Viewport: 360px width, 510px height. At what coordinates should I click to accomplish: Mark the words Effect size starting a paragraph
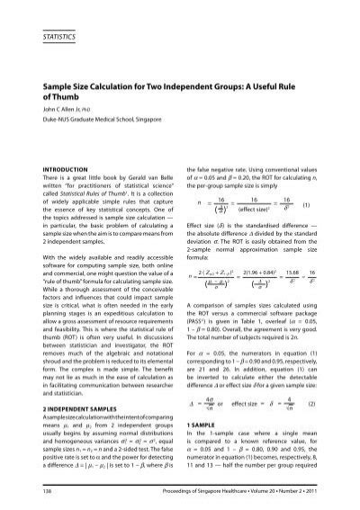[x=204, y=223]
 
